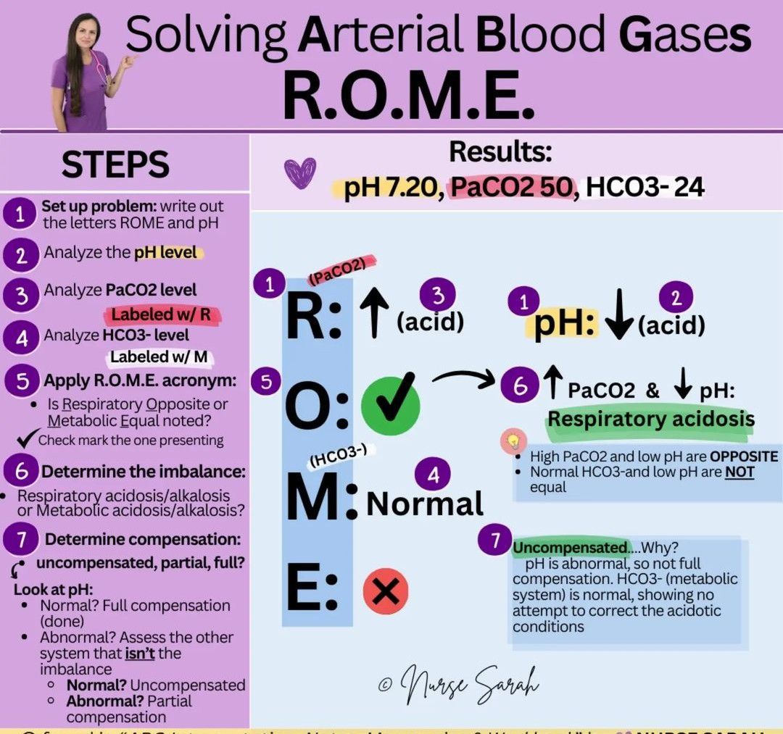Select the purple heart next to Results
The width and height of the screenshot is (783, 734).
pos(299,174)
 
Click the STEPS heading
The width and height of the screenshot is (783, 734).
pos(116,165)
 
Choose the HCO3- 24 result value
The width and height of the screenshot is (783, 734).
pos(645,187)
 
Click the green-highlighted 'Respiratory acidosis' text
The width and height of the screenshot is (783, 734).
pos(650,420)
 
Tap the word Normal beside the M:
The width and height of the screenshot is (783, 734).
pos(425,504)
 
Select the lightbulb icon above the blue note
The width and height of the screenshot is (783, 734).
pos(513,441)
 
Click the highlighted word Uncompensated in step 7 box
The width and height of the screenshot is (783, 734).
pos(570,548)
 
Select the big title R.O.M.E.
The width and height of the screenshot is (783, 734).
pos(408,94)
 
